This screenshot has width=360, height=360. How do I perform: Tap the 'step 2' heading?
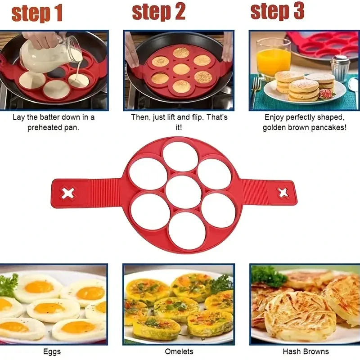(x=159, y=12)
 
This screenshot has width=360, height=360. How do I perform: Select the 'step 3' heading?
(x=278, y=11)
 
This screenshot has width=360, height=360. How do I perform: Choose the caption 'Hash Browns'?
(x=306, y=351)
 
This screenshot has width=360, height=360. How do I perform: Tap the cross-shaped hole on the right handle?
(x=283, y=193)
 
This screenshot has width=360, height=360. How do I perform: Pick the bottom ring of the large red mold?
(x=187, y=230)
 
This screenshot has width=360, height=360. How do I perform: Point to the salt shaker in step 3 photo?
(x=340, y=67)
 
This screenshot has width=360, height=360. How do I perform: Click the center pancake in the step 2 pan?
(x=181, y=69)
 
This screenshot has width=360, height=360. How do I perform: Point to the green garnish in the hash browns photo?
(x=269, y=276)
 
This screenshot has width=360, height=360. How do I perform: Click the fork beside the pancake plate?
(x=256, y=90)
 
